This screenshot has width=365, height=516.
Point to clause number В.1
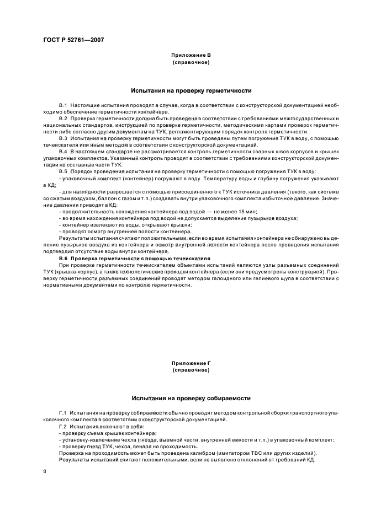click(x=63, y=104)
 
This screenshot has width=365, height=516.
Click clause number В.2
click(x=63, y=119)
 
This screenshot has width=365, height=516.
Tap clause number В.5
click(x=63, y=171)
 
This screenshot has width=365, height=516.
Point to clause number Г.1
click(x=62, y=412)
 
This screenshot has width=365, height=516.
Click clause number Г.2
click(x=62, y=426)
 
